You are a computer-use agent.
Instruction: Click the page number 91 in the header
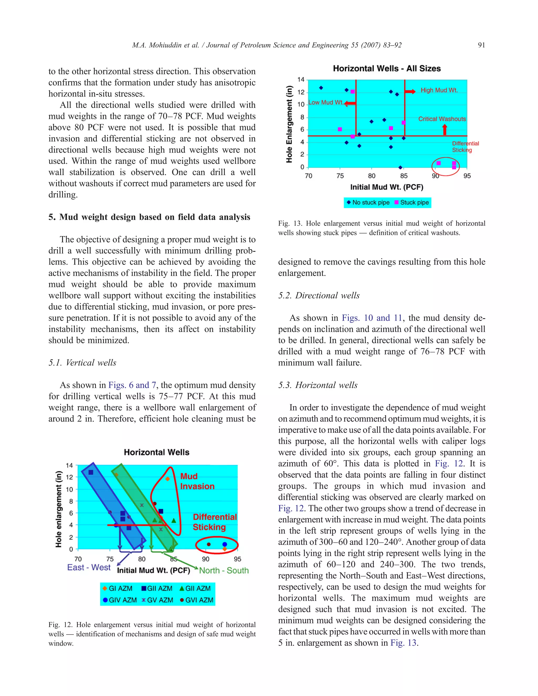tap(481, 45)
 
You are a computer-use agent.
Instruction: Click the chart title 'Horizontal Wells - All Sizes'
tap(387, 69)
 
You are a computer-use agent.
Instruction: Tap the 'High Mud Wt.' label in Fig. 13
tap(439, 90)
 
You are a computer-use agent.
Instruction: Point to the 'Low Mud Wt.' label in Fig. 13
tap(326, 102)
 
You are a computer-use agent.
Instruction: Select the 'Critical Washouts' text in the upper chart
tap(442, 119)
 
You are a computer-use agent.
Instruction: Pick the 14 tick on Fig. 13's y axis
tap(301, 79)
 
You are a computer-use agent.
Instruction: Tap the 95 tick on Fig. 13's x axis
tap(467, 176)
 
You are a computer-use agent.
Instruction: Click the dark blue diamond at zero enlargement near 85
tap(400, 167)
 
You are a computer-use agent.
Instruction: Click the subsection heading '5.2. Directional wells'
tap(319, 295)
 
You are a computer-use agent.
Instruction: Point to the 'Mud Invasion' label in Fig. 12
tap(197, 481)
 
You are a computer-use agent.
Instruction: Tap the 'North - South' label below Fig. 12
tap(224, 570)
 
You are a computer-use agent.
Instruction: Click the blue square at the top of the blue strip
tap(91, 472)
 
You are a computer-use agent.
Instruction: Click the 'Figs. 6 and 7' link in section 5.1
tap(132, 385)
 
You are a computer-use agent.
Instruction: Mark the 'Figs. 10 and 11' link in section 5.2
tap(372, 318)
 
